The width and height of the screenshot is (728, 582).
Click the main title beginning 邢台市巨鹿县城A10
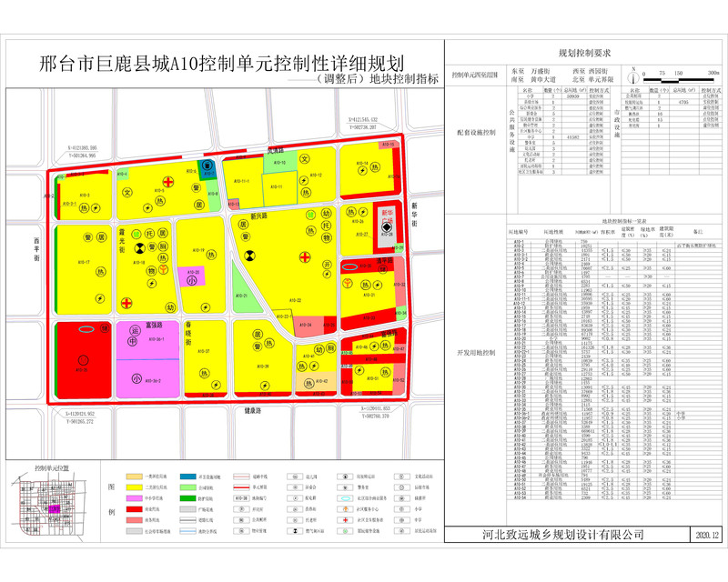(223, 64)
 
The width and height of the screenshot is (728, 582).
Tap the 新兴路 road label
(258, 216)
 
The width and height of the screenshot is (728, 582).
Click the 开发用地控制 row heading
(477, 350)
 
